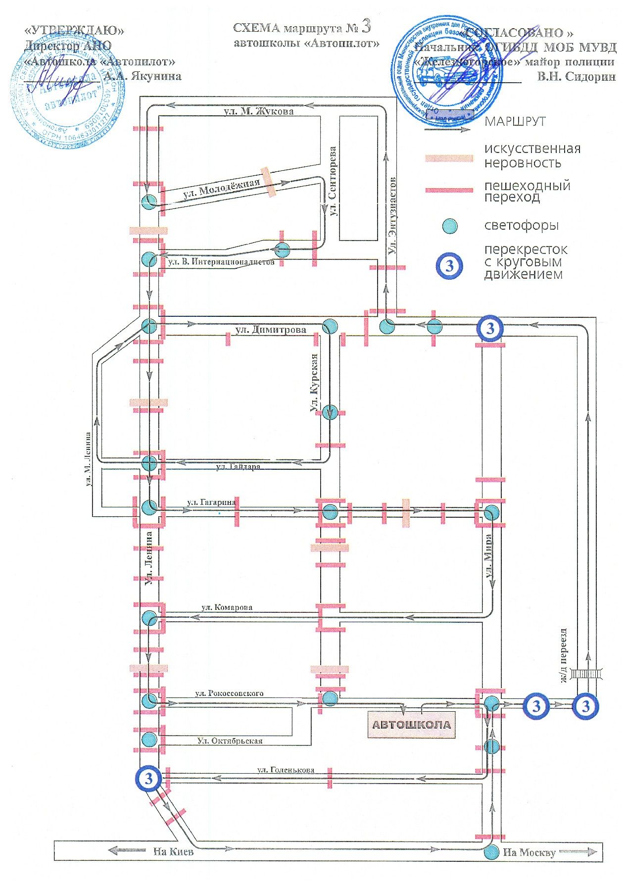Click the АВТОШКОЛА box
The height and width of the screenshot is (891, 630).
(x=411, y=725)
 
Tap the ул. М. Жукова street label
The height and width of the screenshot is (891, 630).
(x=258, y=111)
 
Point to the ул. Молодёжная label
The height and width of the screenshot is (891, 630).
(x=221, y=190)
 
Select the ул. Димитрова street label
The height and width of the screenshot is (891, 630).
(x=271, y=330)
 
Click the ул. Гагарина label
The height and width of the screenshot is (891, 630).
(x=211, y=502)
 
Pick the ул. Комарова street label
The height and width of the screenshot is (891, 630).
(x=227, y=607)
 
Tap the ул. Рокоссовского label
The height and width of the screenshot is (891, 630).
(x=229, y=693)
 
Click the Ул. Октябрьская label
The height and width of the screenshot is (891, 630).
(x=230, y=741)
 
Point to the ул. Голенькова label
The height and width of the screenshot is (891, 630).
(x=286, y=770)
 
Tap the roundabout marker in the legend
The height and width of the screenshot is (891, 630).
(x=449, y=265)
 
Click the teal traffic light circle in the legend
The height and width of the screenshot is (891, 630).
(x=449, y=226)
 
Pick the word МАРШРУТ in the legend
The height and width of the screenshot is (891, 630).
(x=515, y=122)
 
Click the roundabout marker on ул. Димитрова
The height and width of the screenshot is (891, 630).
(x=489, y=328)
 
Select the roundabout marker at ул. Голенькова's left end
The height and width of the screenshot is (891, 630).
(x=149, y=779)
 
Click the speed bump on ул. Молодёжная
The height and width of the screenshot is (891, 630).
(x=268, y=182)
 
